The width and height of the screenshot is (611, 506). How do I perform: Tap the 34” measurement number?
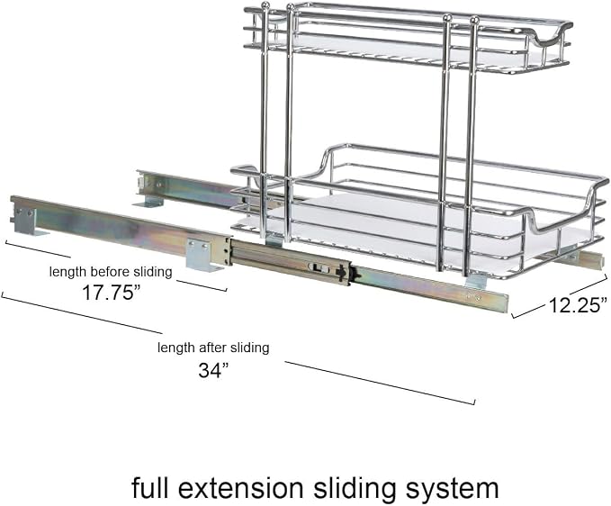click(x=213, y=370)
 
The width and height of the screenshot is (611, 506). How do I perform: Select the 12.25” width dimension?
click(x=578, y=305)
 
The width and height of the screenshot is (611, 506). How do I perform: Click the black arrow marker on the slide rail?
click(x=341, y=273)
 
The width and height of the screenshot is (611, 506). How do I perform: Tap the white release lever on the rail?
click(x=319, y=268)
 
